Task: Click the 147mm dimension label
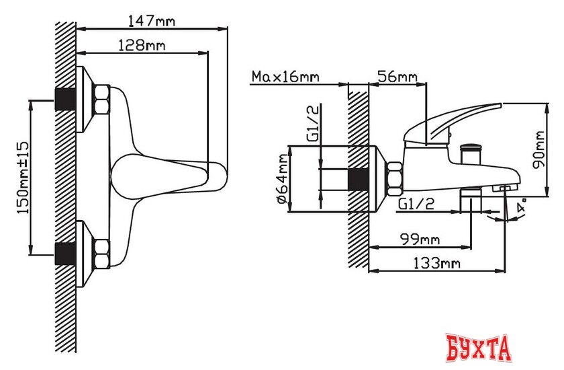(x=151, y=21)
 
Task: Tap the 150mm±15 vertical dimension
(x=21, y=178)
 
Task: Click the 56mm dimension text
(x=397, y=77)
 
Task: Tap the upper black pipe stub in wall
(x=64, y=99)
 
